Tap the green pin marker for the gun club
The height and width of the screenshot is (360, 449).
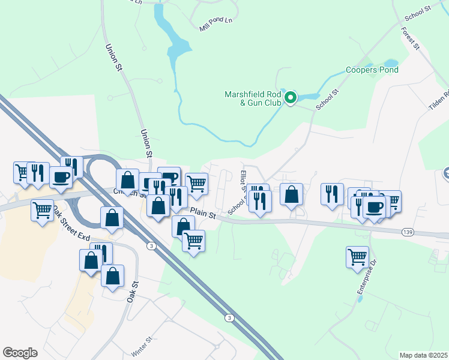(291, 97)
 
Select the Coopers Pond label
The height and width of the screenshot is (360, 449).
(372, 70)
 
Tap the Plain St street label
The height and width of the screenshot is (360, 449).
(203, 212)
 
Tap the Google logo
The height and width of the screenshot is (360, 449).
(20, 352)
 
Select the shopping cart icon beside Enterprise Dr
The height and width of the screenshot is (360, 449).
(357, 256)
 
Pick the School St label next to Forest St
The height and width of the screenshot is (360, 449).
(418, 11)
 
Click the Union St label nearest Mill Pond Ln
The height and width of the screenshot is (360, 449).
(113, 58)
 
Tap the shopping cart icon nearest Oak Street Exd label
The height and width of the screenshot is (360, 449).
(42, 211)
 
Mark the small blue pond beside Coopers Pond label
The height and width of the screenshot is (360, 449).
(390, 62)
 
